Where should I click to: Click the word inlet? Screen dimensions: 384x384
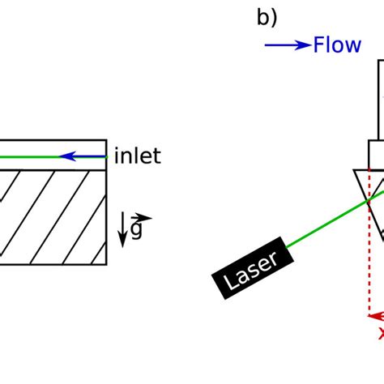[x=137, y=156]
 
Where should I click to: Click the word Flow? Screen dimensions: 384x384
[x=336, y=45]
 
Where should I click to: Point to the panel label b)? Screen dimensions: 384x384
[x=267, y=17]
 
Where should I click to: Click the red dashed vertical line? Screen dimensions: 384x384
[x=369, y=259]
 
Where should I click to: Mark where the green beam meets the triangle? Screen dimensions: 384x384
[x=367, y=198]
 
